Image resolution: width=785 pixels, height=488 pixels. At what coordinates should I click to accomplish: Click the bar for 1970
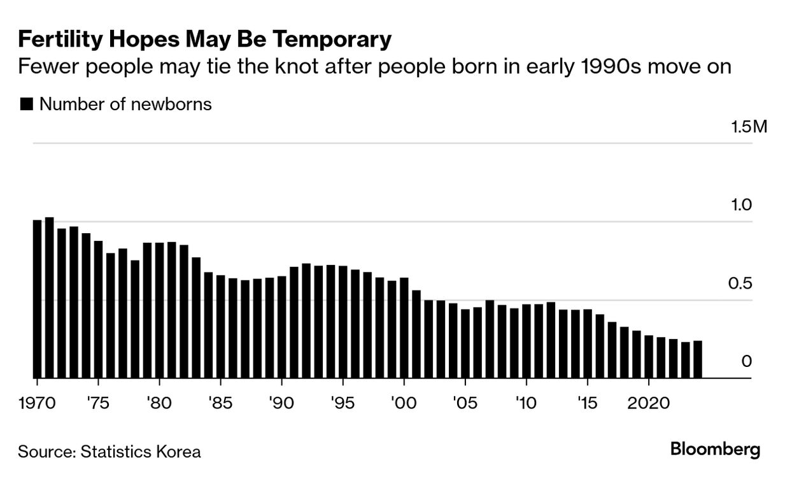click(x=37, y=299)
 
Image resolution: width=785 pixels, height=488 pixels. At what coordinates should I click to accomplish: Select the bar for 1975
click(x=99, y=310)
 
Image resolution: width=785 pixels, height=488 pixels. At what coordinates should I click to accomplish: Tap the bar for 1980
click(x=159, y=311)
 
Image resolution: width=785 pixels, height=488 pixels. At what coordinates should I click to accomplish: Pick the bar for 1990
click(x=282, y=327)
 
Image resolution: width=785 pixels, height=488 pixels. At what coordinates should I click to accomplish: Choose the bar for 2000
click(x=404, y=328)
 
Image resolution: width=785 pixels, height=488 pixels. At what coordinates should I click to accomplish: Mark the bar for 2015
click(x=588, y=344)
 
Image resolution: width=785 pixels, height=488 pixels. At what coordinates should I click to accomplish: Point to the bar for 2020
click(x=649, y=357)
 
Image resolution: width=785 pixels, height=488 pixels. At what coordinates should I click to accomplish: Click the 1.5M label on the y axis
click(x=749, y=127)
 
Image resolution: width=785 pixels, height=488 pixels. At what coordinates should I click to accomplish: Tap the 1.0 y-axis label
click(x=742, y=205)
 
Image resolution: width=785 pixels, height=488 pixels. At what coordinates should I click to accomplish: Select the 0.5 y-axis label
click(x=740, y=283)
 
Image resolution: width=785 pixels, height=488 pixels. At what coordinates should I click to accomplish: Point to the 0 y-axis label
click(x=747, y=361)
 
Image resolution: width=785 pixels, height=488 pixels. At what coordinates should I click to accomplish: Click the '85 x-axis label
click(x=220, y=403)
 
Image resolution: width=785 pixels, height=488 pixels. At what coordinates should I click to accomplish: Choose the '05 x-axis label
click(x=465, y=403)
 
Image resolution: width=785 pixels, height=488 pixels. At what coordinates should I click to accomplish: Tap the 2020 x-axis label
click(x=649, y=403)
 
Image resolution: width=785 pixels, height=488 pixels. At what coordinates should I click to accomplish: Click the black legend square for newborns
click(x=27, y=104)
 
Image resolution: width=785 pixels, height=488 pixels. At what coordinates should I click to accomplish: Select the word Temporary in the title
click(x=332, y=39)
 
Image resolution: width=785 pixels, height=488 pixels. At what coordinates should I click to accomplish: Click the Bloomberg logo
click(x=715, y=450)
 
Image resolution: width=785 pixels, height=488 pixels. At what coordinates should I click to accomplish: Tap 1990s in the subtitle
click(x=611, y=66)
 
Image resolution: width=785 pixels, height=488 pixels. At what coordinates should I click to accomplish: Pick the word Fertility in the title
click(x=60, y=39)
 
